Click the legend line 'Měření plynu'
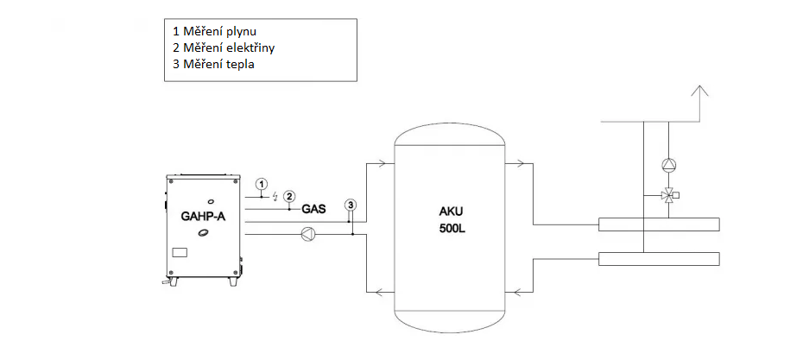pyautogui.click(x=215, y=32)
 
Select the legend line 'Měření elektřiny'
pyautogui.click(x=224, y=48)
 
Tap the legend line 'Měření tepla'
pyautogui.click(x=213, y=65)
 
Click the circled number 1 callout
pyautogui.click(x=262, y=184)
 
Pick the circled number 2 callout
pyautogui.click(x=290, y=196)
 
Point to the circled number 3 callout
pyautogui.click(x=351, y=205)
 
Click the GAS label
pyautogui.click(x=313, y=210)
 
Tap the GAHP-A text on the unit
pyautogui.click(x=203, y=217)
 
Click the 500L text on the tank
pyautogui.click(x=452, y=229)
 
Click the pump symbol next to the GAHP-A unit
pyautogui.click(x=308, y=235)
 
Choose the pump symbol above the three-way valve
pyautogui.click(x=668, y=165)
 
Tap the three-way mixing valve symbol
pyautogui.click(x=669, y=195)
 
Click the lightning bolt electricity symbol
pyautogui.click(x=276, y=195)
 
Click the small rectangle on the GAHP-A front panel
pyautogui.click(x=179, y=253)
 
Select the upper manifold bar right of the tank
pyautogui.click(x=659, y=224)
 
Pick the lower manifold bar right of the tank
pyautogui.click(x=659, y=258)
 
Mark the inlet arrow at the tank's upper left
pyautogui.click(x=382, y=163)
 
